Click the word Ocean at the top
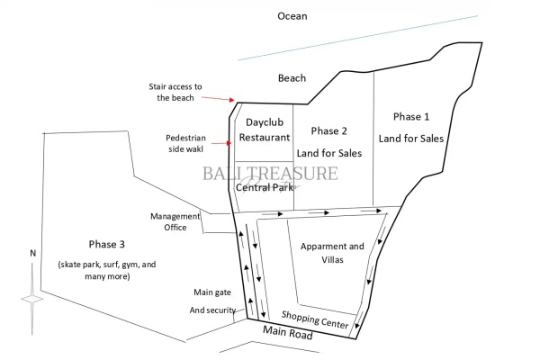292,16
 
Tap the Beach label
292,78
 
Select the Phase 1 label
411,117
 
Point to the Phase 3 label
107,245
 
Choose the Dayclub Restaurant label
264,129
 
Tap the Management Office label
168,221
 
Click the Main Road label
287,336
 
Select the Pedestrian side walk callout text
187,143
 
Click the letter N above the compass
32,253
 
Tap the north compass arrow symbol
32,297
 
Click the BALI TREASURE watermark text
270,173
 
